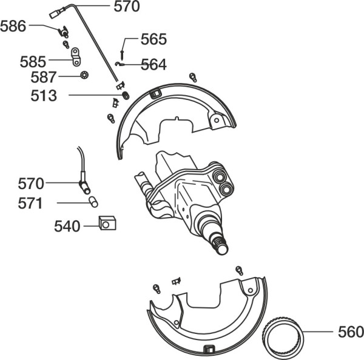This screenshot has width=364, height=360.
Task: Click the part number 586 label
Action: [x=13, y=26]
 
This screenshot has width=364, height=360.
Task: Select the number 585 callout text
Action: [x=33, y=62]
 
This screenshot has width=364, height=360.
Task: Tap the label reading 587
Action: [x=44, y=77]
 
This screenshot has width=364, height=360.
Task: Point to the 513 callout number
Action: [x=44, y=96]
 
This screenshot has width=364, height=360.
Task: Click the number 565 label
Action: [x=153, y=39]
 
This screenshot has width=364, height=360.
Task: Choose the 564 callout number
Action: [x=153, y=64]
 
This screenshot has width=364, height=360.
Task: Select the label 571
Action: [x=30, y=204]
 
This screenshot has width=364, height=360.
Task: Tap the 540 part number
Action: [x=67, y=227]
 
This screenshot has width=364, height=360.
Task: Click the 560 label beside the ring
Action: [x=351, y=332]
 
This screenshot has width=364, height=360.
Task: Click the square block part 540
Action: [x=107, y=223]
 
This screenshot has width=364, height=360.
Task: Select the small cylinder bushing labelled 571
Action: [x=93, y=202]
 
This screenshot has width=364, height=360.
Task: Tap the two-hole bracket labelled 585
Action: [x=76, y=56]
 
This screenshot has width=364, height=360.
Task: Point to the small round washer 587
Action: [x=84, y=75]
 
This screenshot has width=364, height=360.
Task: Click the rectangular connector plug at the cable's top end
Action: [x=55, y=14]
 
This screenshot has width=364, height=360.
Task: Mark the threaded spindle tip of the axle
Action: [x=220, y=246]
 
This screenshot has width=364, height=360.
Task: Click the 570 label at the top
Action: [x=127, y=7]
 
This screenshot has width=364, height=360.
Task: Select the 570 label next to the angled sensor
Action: [x=31, y=184]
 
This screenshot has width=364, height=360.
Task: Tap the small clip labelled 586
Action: [x=63, y=32]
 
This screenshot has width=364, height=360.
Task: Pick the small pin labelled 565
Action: [x=122, y=55]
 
